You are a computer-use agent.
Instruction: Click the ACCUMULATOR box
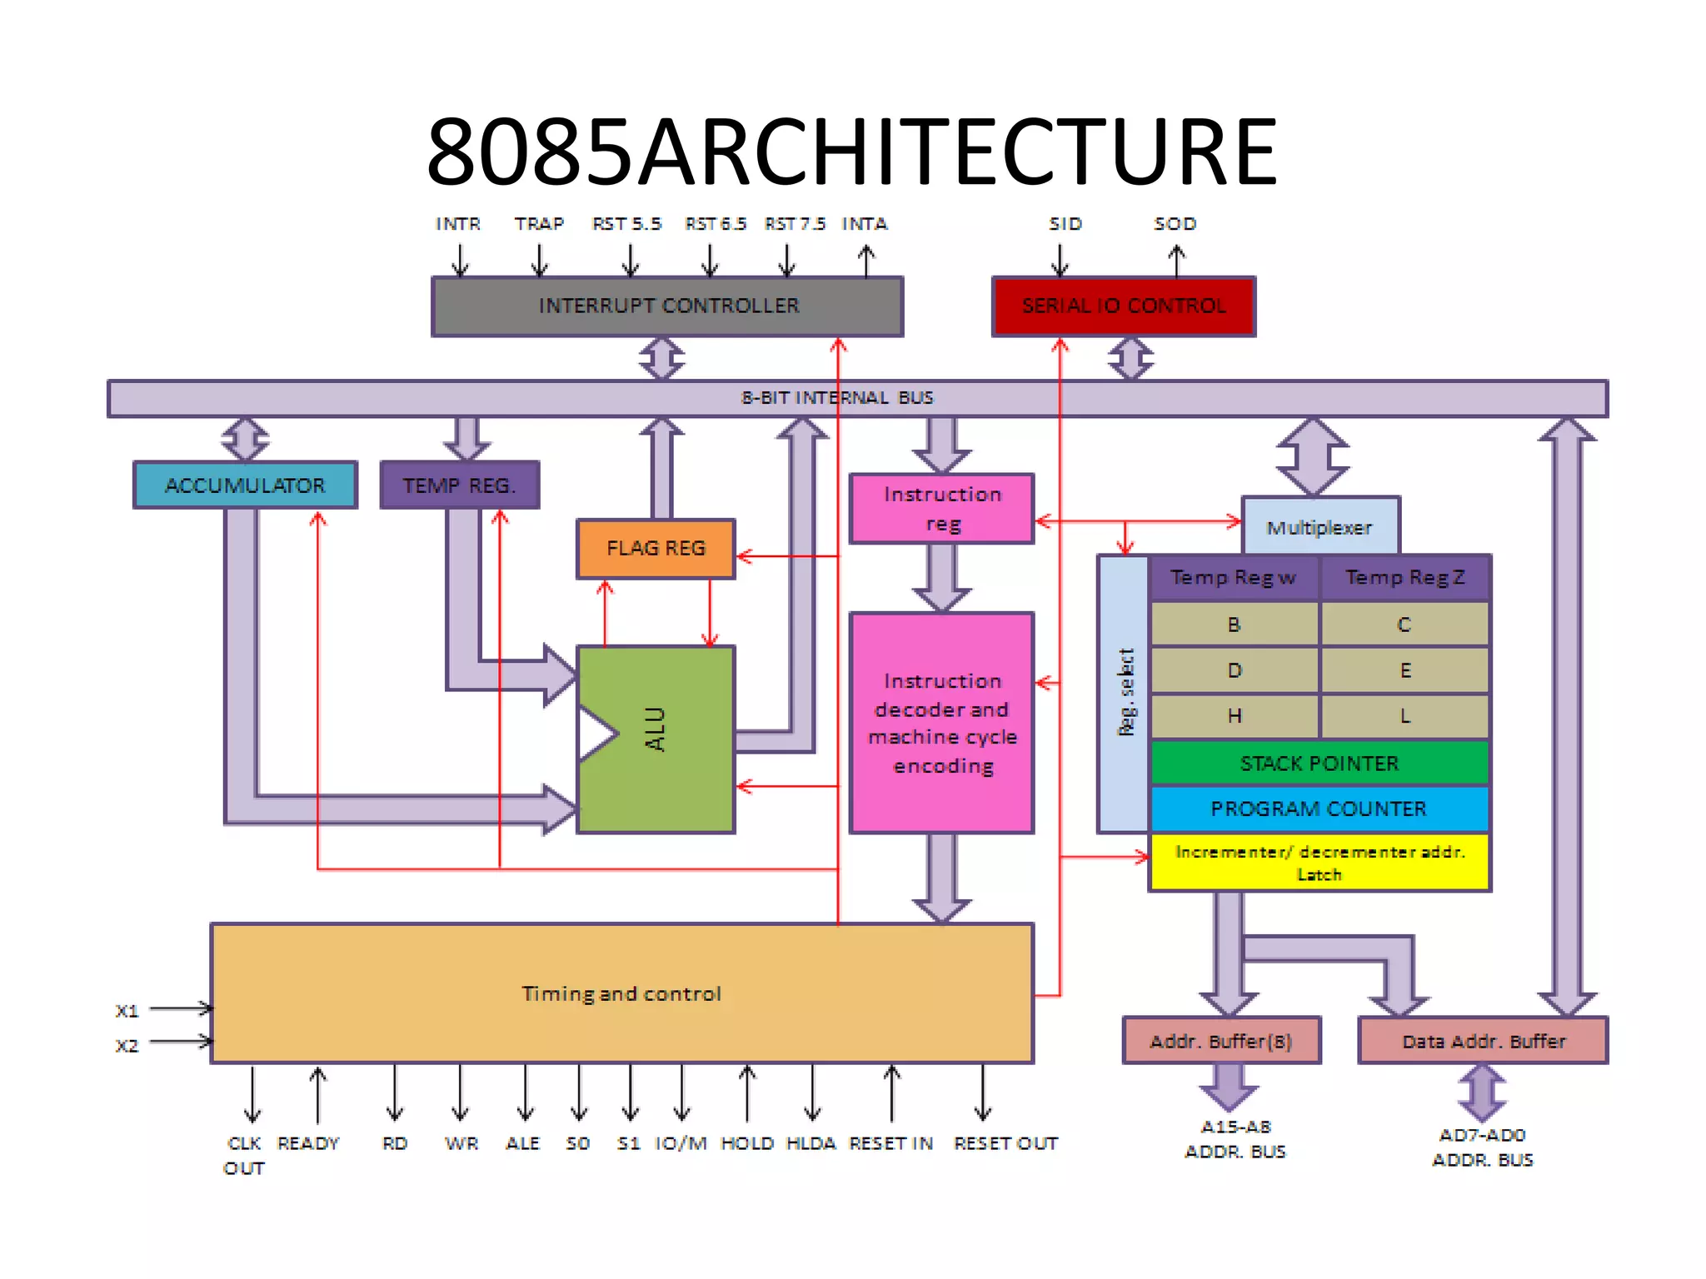(x=245, y=485)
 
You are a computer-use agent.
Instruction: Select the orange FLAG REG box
(x=656, y=548)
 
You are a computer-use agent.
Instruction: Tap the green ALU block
(x=656, y=739)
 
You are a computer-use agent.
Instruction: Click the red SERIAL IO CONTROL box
(x=1123, y=306)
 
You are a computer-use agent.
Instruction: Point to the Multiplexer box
(x=1319, y=526)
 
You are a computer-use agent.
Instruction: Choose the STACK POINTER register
(x=1319, y=763)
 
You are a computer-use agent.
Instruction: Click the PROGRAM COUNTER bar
(x=1319, y=809)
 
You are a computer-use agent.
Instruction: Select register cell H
(x=1235, y=715)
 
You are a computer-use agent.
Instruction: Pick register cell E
(x=1405, y=670)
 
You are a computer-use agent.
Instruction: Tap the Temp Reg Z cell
(x=1405, y=577)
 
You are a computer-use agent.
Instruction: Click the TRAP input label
(x=539, y=224)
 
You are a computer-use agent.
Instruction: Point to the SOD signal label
(x=1175, y=224)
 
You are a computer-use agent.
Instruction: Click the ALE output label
(x=523, y=1143)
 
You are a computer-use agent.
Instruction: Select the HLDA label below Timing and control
(x=811, y=1143)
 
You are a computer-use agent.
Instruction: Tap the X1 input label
(x=127, y=1011)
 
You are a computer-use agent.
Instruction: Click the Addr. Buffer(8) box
(x=1221, y=1041)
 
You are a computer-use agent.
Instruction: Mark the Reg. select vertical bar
(x=1124, y=693)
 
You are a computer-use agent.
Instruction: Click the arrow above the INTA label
(x=866, y=260)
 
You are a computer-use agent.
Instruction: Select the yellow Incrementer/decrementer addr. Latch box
(x=1319, y=863)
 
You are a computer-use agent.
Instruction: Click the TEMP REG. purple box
(x=459, y=485)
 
